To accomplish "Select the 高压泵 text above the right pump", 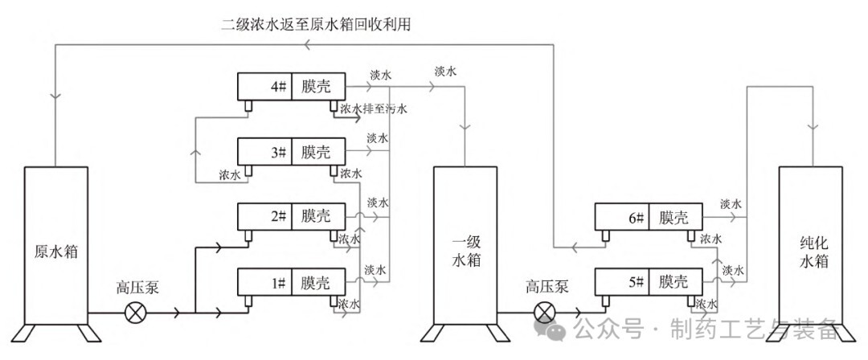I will (x=548, y=287).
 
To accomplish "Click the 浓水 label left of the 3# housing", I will (x=230, y=174).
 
